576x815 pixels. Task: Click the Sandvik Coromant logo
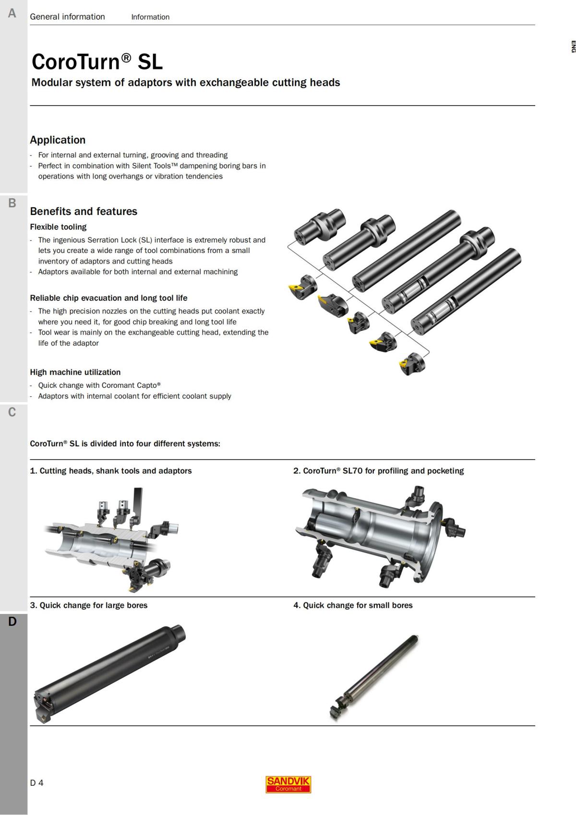click(x=288, y=784)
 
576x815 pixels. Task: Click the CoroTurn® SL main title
click(x=97, y=62)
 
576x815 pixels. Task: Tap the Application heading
click(x=58, y=140)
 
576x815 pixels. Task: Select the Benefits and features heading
click(x=84, y=211)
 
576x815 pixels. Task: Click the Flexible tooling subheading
click(x=58, y=227)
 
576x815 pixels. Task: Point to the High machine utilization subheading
click(x=75, y=372)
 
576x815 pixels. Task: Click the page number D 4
click(x=36, y=783)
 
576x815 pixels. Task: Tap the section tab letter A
click(x=12, y=13)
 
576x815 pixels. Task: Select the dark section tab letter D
click(x=12, y=622)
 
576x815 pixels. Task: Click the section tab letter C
click(x=12, y=412)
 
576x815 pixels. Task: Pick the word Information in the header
click(x=150, y=17)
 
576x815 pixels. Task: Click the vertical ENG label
click(x=573, y=47)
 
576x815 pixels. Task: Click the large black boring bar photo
click(x=110, y=672)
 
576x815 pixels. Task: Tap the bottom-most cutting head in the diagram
click(x=412, y=364)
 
